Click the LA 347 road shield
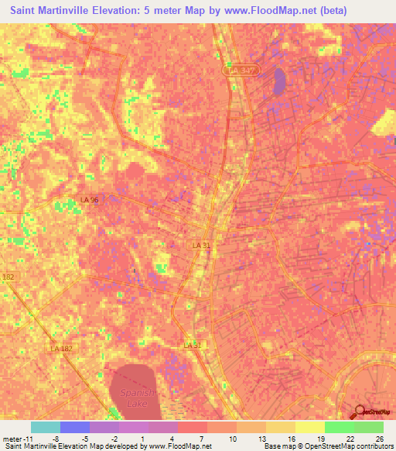pyautogui.click(x=241, y=71)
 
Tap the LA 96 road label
pyautogui.click(x=90, y=200)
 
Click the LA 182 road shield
pyautogui.click(x=61, y=349)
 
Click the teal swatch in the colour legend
pyautogui.click(x=46, y=427)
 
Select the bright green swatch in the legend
pyautogui.click(x=340, y=427)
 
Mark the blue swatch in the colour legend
pyautogui.click(x=75, y=427)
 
